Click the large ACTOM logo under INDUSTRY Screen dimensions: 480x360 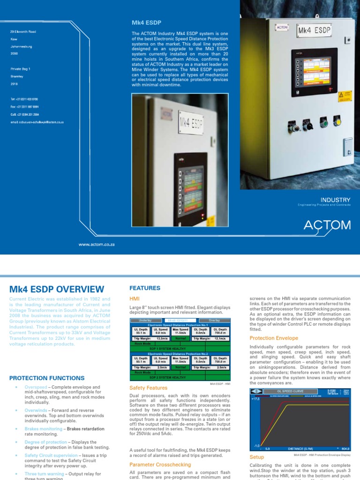pos(327,225)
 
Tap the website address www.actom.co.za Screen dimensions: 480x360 pos(97,244)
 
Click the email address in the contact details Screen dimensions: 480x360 pos(37,122)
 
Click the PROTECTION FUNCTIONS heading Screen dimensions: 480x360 pos(47,378)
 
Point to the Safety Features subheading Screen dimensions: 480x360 pos(148,388)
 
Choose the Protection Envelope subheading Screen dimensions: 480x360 pos(274,338)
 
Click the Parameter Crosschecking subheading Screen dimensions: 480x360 pos(160,465)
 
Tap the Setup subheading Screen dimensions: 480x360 pos(257,457)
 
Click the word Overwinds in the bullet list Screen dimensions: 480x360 pos(36,410)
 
